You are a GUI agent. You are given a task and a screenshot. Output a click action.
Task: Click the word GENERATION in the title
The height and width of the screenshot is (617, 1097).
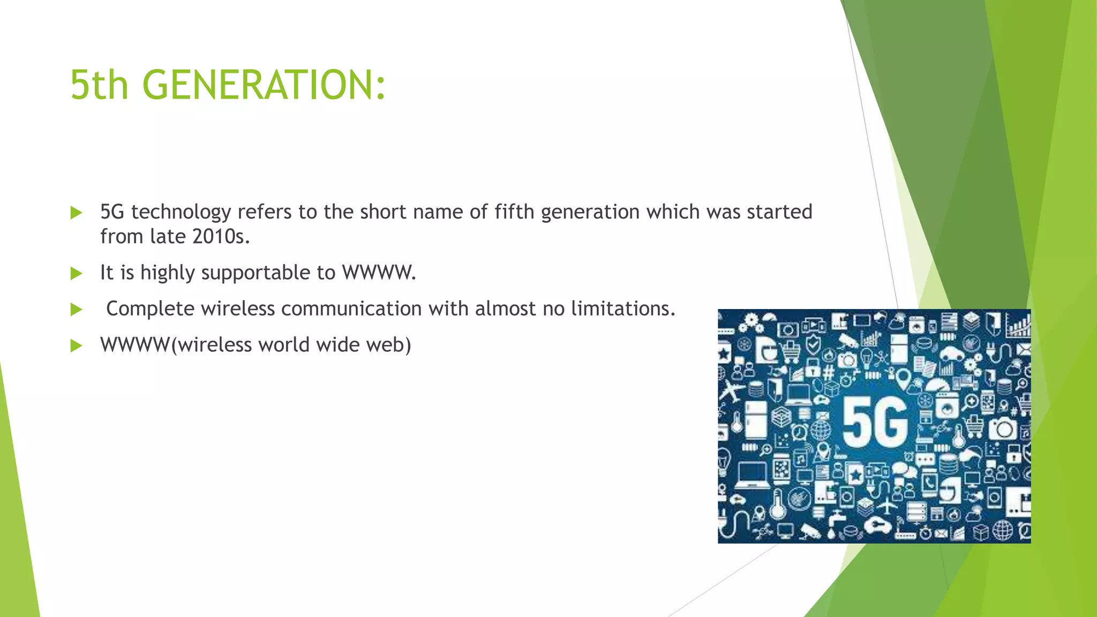(264, 85)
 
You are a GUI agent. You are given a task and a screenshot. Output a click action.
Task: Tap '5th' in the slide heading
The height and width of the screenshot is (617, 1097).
(100, 85)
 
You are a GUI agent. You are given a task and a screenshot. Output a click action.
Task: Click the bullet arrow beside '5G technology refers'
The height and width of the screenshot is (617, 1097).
(77, 213)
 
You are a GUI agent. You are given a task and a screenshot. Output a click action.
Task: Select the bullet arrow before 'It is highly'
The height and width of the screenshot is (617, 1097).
(77, 274)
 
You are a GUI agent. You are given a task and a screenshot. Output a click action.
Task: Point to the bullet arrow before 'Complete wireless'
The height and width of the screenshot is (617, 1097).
(77, 310)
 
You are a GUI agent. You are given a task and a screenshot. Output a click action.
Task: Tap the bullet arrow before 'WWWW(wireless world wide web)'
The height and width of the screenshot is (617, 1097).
(77, 345)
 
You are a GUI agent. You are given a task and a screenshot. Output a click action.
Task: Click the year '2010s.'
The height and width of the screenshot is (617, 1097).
(221, 237)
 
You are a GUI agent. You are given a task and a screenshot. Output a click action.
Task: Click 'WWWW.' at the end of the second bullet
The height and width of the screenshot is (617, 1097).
(379, 273)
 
